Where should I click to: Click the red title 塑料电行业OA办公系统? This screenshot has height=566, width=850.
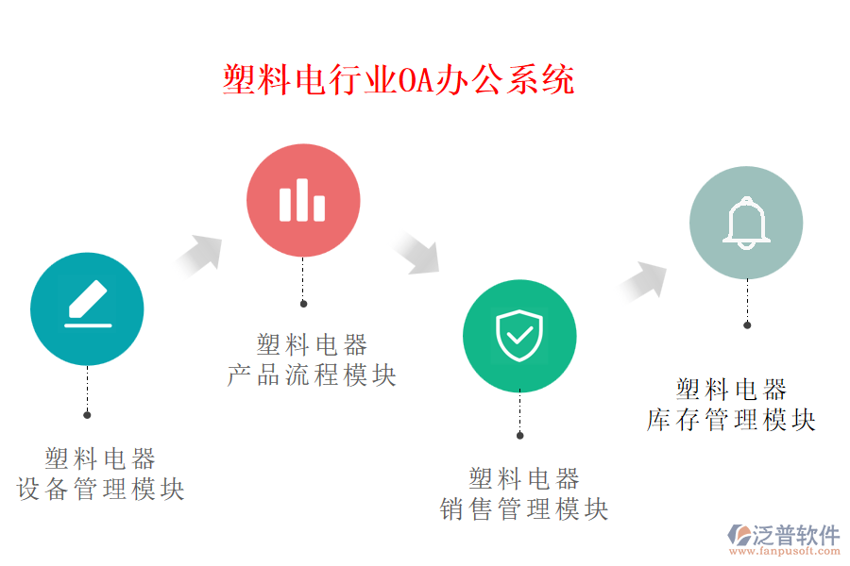tap(399, 79)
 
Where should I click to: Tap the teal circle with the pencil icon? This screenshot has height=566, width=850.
tap(87, 308)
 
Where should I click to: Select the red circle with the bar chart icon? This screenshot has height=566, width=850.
tap(303, 200)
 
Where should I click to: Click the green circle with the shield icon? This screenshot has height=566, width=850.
tap(519, 336)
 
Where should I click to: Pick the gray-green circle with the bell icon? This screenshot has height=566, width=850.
tap(746, 223)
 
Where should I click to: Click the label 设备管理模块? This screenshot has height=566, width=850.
tap(101, 489)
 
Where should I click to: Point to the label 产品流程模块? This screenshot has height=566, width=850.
tap(312, 375)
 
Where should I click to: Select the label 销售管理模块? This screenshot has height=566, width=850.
tap(524, 509)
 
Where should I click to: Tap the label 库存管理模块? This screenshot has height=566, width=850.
tap(731, 420)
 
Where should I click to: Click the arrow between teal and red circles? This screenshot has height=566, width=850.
tap(199, 256)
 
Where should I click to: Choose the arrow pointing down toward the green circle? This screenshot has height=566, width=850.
tap(416, 253)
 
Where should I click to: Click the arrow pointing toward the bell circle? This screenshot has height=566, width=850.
tap(643, 282)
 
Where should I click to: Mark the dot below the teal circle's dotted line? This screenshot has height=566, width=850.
tap(87, 415)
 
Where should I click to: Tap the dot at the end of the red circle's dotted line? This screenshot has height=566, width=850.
tap(303, 304)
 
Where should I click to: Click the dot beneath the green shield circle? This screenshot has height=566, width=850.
tap(519, 436)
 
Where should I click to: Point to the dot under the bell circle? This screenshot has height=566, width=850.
tap(747, 325)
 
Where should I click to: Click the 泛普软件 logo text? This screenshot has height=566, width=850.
tap(796, 535)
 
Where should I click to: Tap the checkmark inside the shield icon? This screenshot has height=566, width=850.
tap(519, 336)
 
